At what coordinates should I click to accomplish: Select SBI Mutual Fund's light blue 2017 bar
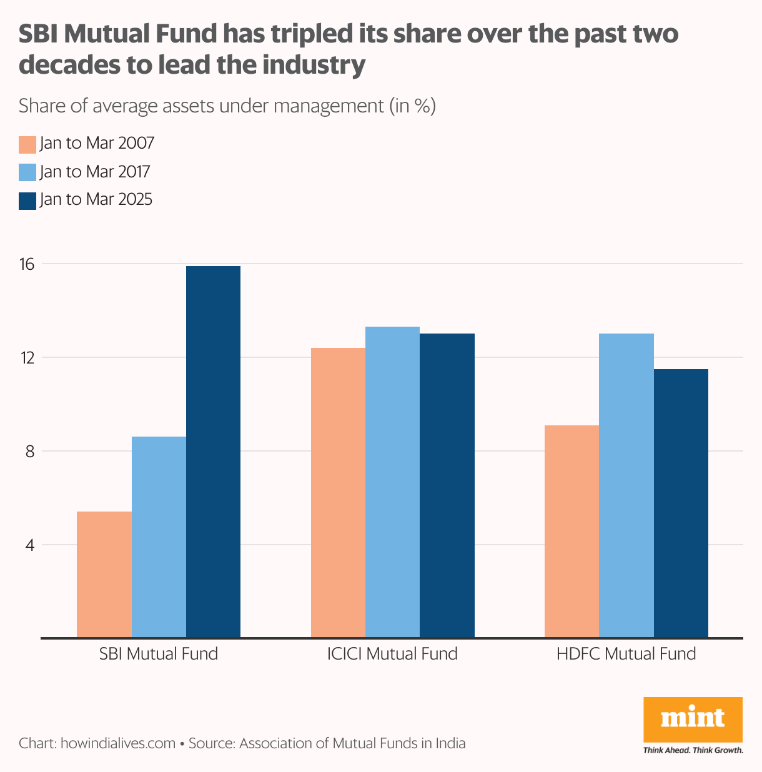pyautogui.click(x=159, y=537)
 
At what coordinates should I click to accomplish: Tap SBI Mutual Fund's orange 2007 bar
pyautogui.click(x=104, y=575)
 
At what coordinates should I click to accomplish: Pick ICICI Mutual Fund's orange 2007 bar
pyautogui.click(x=338, y=493)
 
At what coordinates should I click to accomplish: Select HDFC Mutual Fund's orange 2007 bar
pyautogui.click(x=571, y=532)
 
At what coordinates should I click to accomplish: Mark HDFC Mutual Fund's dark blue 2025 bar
pyautogui.click(x=681, y=503)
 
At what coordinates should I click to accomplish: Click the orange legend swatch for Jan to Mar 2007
pyautogui.click(x=27, y=144)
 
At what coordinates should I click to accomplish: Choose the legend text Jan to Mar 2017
pyautogui.click(x=95, y=172)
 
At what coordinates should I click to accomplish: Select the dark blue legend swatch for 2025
pyautogui.click(x=27, y=200)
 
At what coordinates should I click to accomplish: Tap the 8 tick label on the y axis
pyautogui.click(x=29, y=451)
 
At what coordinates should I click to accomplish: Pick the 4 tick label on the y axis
pyautogui.click(x=29, y=545)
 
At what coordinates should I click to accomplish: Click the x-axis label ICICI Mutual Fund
pyautogui.click(x=392, y=654)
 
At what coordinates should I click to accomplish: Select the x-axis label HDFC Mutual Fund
pyautogui.click(x=626, y=654)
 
